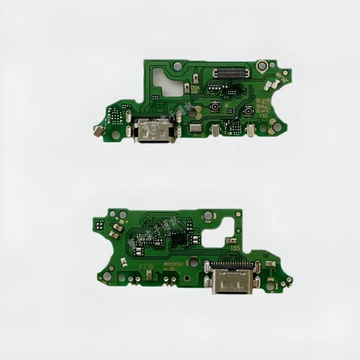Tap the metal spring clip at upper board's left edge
coord(96,131)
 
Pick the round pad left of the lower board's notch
coord(207,215)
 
